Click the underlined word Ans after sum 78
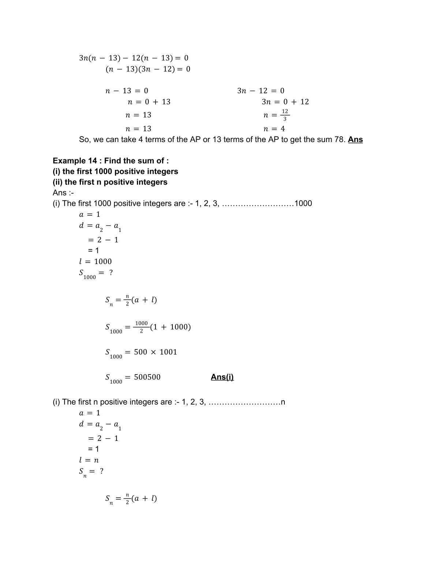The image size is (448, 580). pos(355,140)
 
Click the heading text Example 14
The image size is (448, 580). pos(75,161)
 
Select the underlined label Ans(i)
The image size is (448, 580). pos(222,377)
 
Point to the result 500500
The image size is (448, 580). pos(147,377)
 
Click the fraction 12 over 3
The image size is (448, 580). pos(285,115)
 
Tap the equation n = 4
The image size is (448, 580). pos(274,129)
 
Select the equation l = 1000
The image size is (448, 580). pos(96,261)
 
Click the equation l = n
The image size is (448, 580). pos(89,460)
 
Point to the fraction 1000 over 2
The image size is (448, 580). pos(141,327)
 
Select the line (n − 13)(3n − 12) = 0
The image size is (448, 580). pos(148,69)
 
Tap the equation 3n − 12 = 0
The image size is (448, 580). pos(261,91)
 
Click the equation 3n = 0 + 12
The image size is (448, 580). pos(285,102)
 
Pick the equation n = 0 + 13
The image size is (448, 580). pos(149,102)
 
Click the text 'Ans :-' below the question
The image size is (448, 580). pos(63,193)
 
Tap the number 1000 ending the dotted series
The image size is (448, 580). pos(303,204)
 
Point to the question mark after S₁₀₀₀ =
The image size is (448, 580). pos(111,272)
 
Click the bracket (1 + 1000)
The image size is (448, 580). pos(171,327)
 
